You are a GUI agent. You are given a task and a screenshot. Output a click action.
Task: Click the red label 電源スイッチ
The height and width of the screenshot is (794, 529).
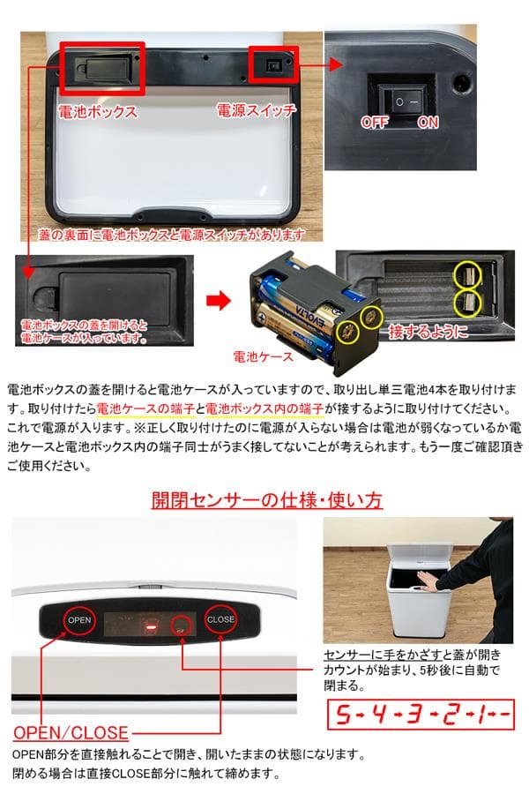(x=257, y=111)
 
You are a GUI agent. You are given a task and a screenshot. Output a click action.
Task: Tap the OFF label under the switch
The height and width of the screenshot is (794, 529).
(x=374, y=123)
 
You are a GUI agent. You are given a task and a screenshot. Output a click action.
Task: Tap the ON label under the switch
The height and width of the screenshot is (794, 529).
(x=428, y=123)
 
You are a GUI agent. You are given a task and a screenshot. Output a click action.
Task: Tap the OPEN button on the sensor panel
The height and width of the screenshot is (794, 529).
(x=79, y=618)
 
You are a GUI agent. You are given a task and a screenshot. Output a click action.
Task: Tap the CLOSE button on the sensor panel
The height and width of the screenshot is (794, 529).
(x=220, y=618)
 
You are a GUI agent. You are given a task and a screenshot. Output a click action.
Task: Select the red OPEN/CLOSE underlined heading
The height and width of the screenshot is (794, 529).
(x=71, y=732)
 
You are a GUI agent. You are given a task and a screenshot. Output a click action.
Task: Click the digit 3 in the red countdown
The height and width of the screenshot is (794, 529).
(x=412, y=715)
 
